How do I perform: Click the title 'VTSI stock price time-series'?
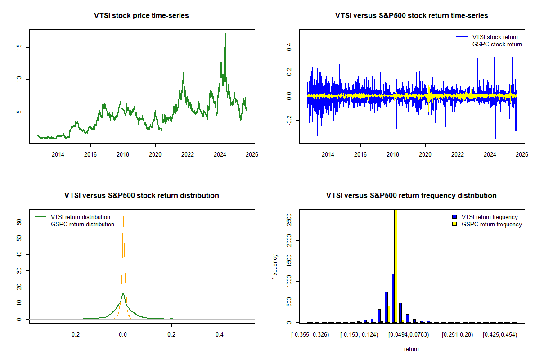click(141, 16)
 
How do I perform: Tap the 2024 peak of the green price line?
click(225, 34)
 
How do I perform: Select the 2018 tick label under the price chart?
click(123, 154)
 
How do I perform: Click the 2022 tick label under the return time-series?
click(458, 154)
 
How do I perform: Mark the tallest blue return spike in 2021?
click(445, 34)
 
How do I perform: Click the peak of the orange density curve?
click(123, 216)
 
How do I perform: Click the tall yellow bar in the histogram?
click(396, 265)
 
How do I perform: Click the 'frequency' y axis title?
click(275, 267)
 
